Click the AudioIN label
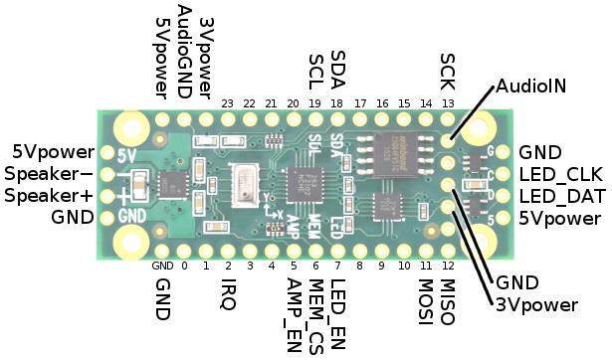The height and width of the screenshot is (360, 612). pos(530,87)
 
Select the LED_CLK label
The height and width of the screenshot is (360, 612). pos(561,174)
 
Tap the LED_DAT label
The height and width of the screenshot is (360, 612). pos(561,196)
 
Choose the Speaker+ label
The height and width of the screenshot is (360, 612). pos(48,196)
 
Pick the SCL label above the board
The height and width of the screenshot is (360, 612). pos(315,71)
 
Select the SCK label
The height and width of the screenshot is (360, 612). pos(447,71)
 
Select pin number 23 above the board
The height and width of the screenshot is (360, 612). pos(228,103)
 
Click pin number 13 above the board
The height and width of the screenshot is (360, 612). pos(448,103)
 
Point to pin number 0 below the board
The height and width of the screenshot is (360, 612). pos(184,266)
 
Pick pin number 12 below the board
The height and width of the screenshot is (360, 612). pos(448,266)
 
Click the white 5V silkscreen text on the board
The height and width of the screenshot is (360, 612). pos(126,155)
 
